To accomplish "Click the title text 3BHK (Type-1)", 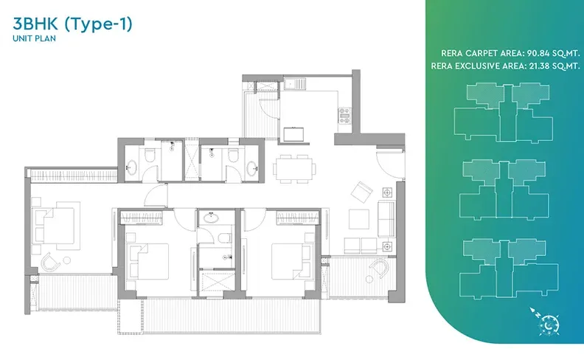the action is pos(72,24).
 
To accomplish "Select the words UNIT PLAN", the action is pos(34,38).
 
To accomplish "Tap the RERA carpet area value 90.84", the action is pos(538,53).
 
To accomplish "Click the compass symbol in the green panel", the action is pos(546,322).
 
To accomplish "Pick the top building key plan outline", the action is pos(503,112).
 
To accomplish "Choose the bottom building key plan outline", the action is pos(508,269).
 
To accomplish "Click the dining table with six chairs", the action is pos(295,169).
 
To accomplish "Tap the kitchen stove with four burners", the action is pos(344,116).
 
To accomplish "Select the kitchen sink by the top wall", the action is pos(295,83).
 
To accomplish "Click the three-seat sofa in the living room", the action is pos(386,219).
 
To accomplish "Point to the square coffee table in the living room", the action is pos(359,219).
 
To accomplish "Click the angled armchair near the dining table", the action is pos(361,192).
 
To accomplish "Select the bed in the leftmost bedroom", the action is pos(57,226).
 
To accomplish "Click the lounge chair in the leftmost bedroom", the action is pos(50,262).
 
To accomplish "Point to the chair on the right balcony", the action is pos(379,269).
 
